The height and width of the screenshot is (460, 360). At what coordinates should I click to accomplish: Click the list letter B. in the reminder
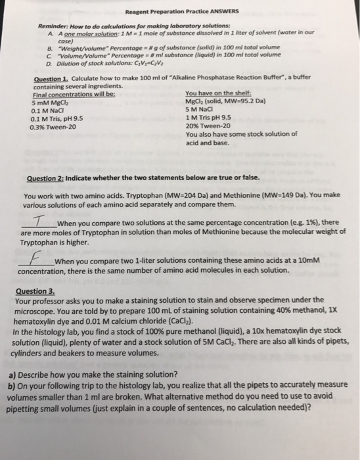coord(51,47)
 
